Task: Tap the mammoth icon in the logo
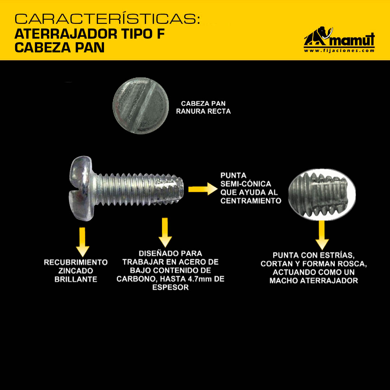click(318, 36)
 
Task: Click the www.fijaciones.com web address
click(339, 51)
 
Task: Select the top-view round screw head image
click(141, 106)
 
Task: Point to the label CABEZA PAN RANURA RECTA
click(203, 108)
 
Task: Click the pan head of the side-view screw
click(81, 188)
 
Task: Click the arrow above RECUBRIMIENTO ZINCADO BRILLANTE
click(82, 242)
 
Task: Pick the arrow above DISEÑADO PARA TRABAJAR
click(165, 233)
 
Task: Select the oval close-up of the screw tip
click(322, 195)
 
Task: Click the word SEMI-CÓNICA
click(246, 184)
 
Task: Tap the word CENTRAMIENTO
click(251, 201)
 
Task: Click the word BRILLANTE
click(76, 279)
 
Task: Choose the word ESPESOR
click(170, 287)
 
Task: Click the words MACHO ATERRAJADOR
click(314, 281)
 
